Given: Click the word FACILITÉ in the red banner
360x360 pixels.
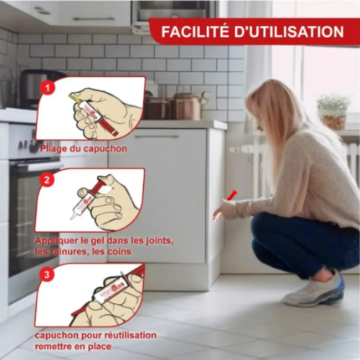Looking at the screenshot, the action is click(195, 32).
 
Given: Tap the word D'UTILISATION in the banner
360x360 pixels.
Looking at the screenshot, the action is click(289, 32).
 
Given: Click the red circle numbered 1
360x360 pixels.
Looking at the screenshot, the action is click(47, 89).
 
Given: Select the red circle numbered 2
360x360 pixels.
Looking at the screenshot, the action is click(47, 180).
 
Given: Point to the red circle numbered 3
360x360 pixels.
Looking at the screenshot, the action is click(47, 275).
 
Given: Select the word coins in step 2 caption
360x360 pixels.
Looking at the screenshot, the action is click(118, 252).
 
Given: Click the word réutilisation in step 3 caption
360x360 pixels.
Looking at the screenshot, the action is click(131, 335).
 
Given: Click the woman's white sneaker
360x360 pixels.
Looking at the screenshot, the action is click(315, 290).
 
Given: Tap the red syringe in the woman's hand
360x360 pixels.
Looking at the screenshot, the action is click(225, 204).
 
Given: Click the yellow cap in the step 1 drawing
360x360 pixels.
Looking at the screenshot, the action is click(74, 98).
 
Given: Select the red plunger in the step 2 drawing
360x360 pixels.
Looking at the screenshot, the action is click(99, 185).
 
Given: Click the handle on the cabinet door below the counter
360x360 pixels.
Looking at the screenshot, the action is click(157, 136).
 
